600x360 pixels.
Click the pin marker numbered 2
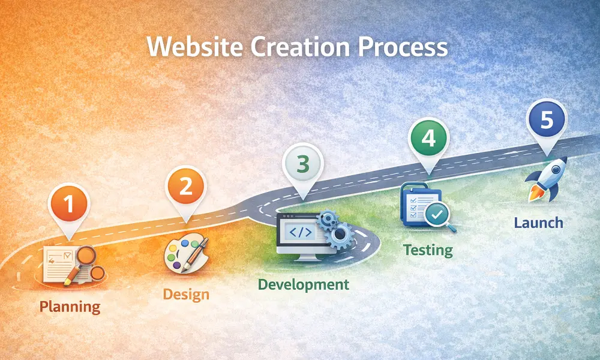click(x=185, y=187)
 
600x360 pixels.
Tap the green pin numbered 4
click(x=428, y=138)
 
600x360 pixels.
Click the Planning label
click(x=70, y=307)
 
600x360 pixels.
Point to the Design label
click(x=186, y=295)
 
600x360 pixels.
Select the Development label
click(x=303, y=284)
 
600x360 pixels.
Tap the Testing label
click(x=428, y=250)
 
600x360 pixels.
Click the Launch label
click(x=538, y=223)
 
